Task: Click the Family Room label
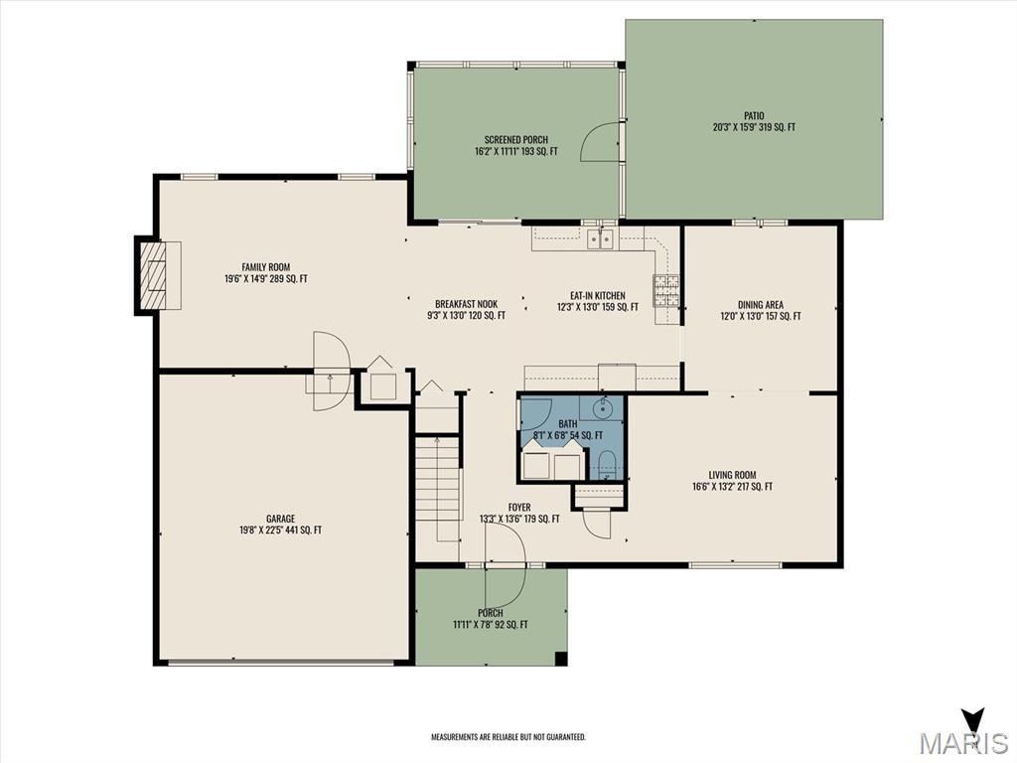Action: point(266,273)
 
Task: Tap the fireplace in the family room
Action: point(158,277)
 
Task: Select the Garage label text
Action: point(280,525)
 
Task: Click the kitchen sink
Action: point(601,239)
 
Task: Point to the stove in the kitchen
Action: point(666,290)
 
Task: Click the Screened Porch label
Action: point(516,145)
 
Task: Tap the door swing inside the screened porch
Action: point(599,141)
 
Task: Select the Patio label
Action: point(755,121)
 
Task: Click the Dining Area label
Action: point(761,310)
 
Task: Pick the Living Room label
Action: point(732,480)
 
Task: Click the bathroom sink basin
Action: point(603,408)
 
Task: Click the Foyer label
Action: point(519,513)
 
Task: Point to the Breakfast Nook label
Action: point(467,310)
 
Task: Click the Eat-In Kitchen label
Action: point(597,301)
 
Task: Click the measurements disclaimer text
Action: point(508,737)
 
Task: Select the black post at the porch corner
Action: point(561,659)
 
